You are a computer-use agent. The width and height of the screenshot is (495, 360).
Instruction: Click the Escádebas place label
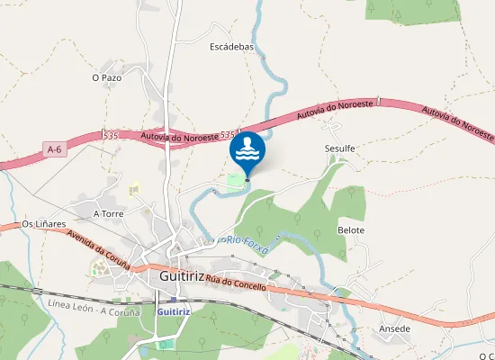233,46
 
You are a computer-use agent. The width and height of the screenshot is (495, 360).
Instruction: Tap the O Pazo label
107,78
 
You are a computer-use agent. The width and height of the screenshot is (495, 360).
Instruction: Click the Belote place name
351,230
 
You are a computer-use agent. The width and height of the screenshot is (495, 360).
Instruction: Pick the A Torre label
108,214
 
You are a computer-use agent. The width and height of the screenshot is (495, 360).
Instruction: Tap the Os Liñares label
44,223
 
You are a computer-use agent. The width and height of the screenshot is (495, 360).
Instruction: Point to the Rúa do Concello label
236,283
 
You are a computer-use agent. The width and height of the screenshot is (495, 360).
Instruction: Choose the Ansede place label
395,328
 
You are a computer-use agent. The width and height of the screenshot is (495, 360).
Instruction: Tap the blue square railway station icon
175,301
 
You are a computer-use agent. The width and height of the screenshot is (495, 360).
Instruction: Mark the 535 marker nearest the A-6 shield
111,136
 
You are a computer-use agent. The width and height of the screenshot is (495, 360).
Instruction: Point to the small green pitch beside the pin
235,181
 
